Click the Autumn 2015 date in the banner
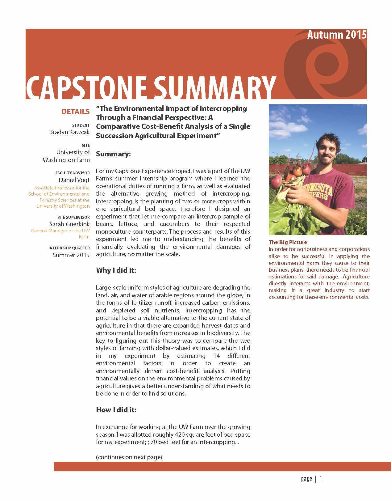point(337,35)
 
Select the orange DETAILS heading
point(75,112)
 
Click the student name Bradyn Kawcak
point(69,132)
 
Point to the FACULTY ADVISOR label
point(73,173)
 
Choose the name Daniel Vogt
point(74,180)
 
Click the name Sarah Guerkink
point(69,224)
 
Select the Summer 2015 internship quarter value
point(71,255)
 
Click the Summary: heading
point(113,154)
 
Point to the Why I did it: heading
point(116,270)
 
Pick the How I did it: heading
point(116,410)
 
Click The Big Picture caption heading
point(288,242)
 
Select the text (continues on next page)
point(129,457)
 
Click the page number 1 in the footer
point(321,479)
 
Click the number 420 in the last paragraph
point(180,434)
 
